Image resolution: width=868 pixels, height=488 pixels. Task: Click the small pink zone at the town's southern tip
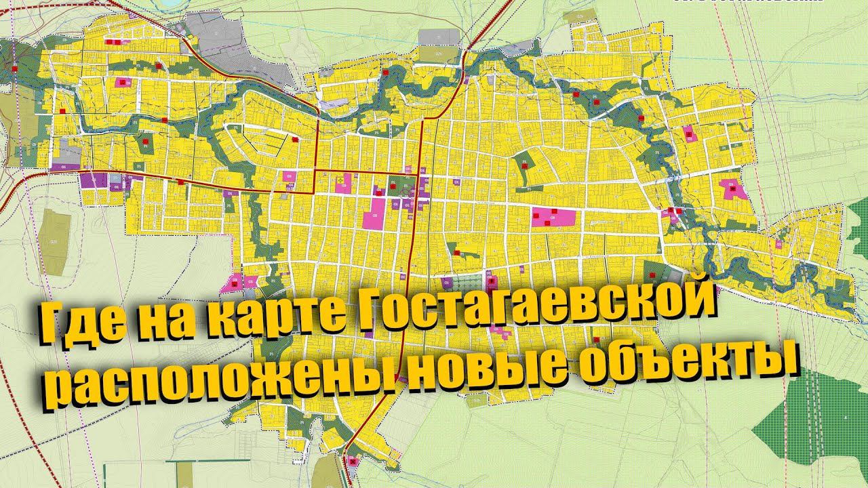pos(353,462)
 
